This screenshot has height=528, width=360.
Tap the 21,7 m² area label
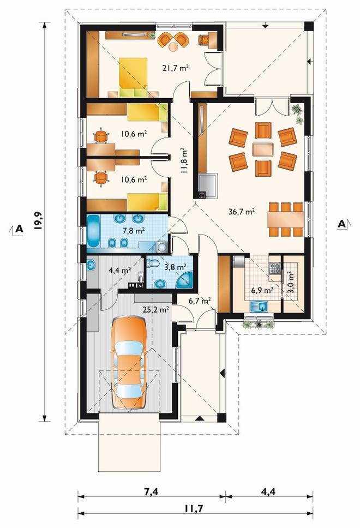coord(175,68)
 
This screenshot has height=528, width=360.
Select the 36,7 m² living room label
coord(241,212)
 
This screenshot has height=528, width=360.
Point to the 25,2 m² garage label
coord(155,309)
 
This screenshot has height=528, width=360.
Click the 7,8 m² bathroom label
coord(134,231)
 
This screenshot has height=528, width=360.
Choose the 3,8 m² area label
coord(175,267)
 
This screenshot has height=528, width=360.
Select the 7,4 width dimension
coord(152,492)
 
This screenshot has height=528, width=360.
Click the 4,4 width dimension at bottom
coord(268,492)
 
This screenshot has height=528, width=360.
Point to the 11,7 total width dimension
coord(194,508)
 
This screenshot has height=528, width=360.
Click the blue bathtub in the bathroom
coord(94,231)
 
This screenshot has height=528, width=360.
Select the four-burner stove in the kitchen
coord(274,268)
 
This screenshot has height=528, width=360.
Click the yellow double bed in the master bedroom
coord(134,76)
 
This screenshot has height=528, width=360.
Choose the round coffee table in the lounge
coord(173,47)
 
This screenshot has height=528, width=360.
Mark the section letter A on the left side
coord(20,229)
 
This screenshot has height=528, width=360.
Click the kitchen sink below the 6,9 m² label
coord(259,306)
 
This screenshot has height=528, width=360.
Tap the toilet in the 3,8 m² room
coord(152,263)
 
